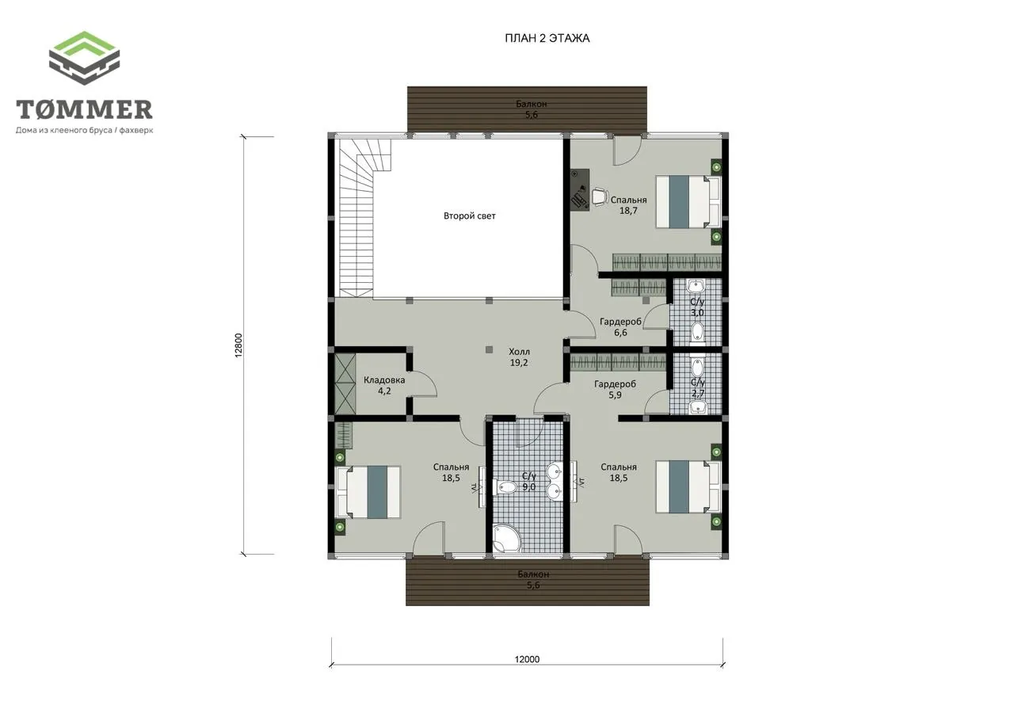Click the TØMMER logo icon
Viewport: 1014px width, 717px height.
(x=84, y=58)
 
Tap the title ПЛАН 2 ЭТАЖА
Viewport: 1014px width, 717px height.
(x=547, y=39)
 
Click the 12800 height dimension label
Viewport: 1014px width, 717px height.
(x=239, y=345)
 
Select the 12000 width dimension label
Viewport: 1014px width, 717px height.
(x=527, y=659)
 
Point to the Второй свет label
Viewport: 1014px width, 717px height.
(x=470, y=216)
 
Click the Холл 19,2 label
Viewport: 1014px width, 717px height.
(x=519, y=357)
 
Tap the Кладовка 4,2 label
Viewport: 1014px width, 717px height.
(x=384, y=386)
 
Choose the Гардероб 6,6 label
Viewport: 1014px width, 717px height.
(x=620, y=327)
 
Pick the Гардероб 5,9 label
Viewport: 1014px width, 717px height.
(x=616, y=389)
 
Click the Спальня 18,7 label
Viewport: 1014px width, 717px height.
(x=628, y=205)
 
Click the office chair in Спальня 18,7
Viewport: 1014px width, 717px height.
(x=598, y=197)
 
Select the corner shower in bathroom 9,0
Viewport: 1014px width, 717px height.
(x=506, y=538)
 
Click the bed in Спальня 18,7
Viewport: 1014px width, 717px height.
(x=688, y=201)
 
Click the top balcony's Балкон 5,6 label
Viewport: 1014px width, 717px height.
(x=532, y=109)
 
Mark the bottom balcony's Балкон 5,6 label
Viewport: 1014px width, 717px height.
(x=534, y=579)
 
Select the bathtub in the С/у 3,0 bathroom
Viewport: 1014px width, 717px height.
(x=698, y=332)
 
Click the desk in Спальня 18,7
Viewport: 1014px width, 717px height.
(x=580, y=189)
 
